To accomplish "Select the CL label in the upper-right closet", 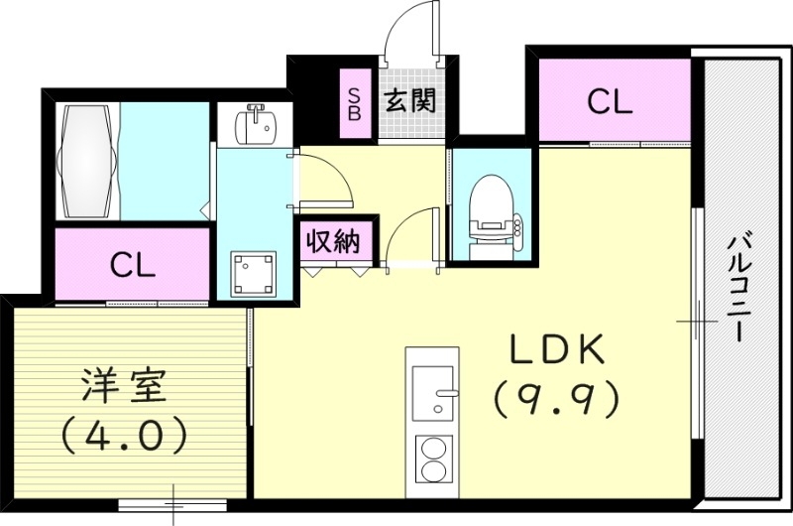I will point(610,102).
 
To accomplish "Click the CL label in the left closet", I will point(132,265).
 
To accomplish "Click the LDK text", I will point(556,352).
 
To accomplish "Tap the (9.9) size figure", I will point(556,399).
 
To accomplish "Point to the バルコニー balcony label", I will point(736,288).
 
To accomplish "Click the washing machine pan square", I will point(254,272).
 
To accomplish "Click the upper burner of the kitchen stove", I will point(432,447).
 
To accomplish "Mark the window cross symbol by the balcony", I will point(697,323).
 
